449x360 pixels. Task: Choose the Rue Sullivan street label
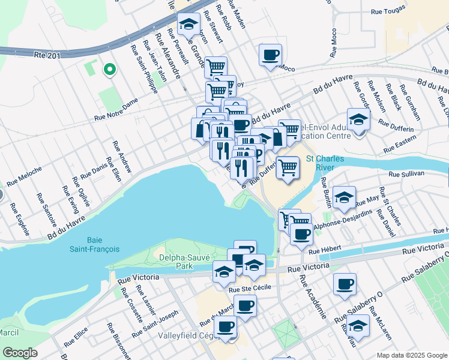point(406,173)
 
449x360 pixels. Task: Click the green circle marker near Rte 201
point(109,70)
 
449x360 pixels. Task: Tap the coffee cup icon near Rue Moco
point(270,55)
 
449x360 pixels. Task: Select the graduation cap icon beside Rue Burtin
point(344,197)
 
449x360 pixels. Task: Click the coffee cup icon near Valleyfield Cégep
point(226,327)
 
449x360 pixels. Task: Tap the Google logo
point(20,353)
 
